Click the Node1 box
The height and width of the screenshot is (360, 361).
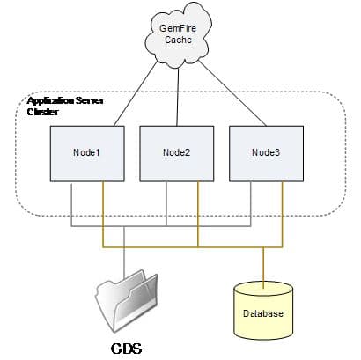click(x=85, y=152)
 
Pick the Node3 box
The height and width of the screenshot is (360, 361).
click(x=266, y=152)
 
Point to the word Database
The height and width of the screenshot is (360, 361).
click(x=264, y=314)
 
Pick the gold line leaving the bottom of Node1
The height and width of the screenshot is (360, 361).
click(x=103, y=211)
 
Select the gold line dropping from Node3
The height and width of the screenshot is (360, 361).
click(x=283, y=211)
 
